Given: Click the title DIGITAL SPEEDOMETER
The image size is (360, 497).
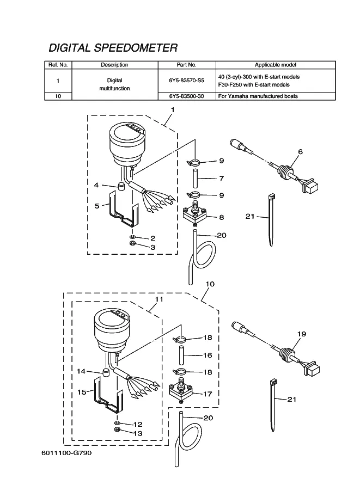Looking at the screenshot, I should (x=113, y=47).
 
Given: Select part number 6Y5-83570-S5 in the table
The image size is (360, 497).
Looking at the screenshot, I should (x=187, y=80).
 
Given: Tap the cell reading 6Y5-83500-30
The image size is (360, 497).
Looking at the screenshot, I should (x=187, y=96).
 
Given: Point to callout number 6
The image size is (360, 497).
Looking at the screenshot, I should (x=300, y=151).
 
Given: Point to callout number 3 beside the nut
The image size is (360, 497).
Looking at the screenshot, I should (x=153, y=247).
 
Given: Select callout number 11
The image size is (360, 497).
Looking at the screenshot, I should (x=159, y=299).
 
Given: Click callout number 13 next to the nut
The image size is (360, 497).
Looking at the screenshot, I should (x=138, y=433).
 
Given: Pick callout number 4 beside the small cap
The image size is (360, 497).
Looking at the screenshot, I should (x=96, y=185).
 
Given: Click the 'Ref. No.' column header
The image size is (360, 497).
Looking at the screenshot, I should (x=58, y=65).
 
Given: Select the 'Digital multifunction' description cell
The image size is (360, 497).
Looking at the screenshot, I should (x=114, y=84).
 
